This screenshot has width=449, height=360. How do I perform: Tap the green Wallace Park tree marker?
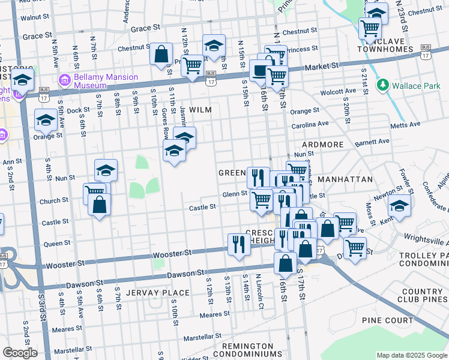coord(383,85)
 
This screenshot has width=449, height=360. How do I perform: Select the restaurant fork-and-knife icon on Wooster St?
coord(239,244)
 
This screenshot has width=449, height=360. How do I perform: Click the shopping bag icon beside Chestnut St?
coord(161,55)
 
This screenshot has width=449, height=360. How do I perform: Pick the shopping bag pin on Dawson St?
coord(286,263)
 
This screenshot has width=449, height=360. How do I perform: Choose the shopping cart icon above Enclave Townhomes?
coord(370,28)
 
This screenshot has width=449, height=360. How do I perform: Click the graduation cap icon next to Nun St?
coord(106,170)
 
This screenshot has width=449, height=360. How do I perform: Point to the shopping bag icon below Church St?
coord(100,205)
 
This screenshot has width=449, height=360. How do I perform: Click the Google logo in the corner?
coord(20,353)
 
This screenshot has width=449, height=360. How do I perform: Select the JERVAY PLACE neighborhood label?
coord(158,293)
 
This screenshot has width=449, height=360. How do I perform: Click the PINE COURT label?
coord(391,320)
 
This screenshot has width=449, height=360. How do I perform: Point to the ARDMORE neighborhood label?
coord(322,145)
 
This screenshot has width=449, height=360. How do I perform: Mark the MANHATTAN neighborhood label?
coord(345,179)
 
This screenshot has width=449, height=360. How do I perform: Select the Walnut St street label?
coord(34,18)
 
